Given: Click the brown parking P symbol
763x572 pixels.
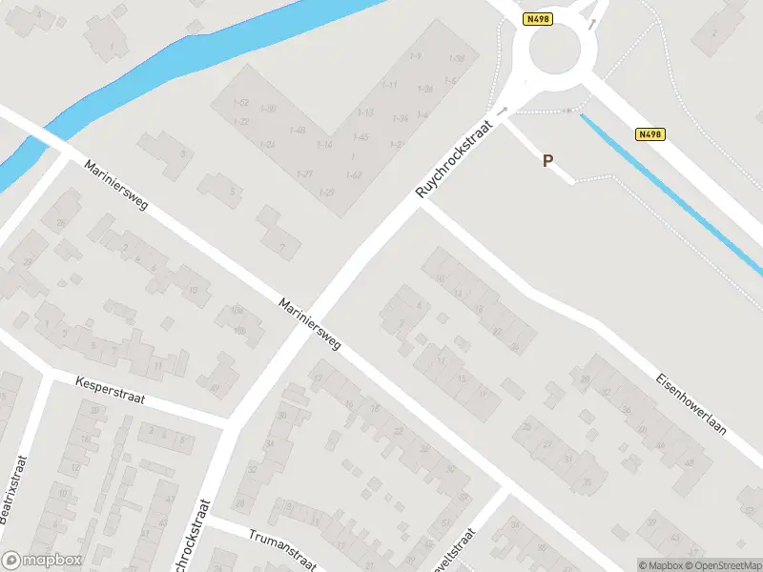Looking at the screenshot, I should (547, 161).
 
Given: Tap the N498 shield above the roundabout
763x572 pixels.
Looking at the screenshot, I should (537, 18).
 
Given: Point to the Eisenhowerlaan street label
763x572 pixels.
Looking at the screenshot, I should (691, 403).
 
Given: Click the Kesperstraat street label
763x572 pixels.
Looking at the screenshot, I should (110, 390).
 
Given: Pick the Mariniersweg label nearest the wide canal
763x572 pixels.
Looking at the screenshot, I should (115, 185).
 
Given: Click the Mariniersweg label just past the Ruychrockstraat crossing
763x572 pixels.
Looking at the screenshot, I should (310, 325).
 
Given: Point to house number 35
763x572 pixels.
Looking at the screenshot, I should (586, 481).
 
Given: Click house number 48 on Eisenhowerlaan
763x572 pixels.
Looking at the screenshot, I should (688, 463).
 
